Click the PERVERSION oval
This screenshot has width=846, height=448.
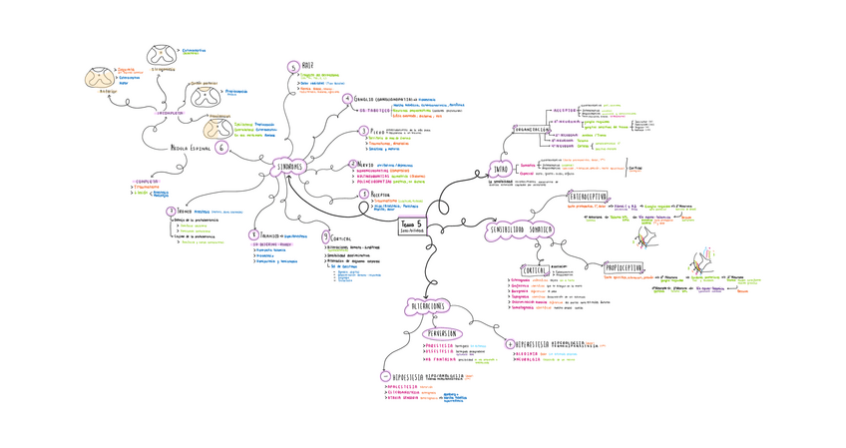tap(438, 332)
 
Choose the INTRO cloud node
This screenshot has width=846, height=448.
tap(501, 170)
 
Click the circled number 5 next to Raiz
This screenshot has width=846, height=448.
tap(292, 67)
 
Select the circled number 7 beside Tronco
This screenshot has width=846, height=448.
tap(172, 212)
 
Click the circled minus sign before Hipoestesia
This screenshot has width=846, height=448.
tap(385, 375)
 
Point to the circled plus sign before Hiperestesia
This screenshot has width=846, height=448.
tap(511, 343)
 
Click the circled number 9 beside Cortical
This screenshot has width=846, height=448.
tap(325, 237)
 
